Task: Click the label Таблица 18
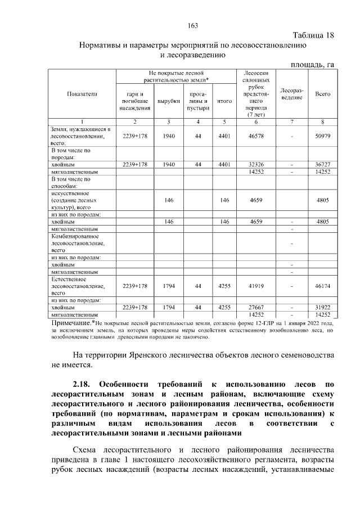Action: coord(313,35)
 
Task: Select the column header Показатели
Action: coord(82,94)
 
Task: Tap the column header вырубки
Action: coord(168,101)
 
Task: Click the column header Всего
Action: coord(322,94)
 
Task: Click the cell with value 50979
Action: coord(322,136)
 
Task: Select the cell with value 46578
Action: coord(256,136)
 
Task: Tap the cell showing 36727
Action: coord(322,164)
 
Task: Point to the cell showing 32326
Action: coord(256,164)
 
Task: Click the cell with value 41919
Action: coord(256,286)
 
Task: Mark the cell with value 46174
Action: coord(322,286)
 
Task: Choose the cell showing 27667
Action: coord(256,308)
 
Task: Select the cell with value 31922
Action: coord(322,308)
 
